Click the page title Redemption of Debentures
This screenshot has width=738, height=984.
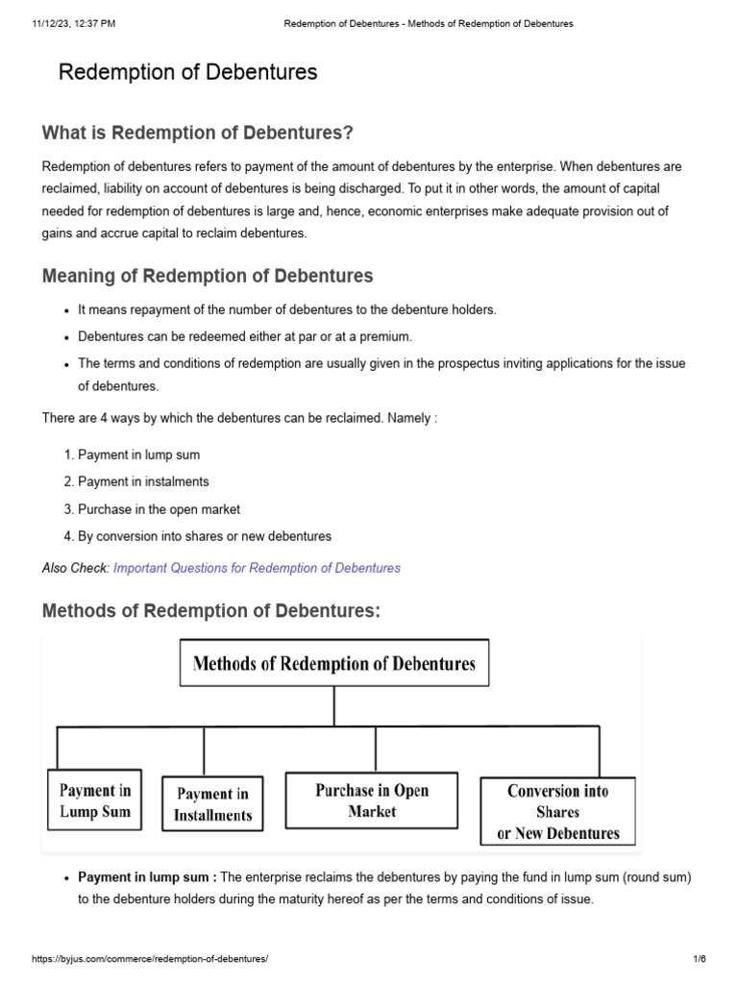point(187,72)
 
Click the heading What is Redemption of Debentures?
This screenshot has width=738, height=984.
point(198,133)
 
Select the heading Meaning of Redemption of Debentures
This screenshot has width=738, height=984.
point(208,277)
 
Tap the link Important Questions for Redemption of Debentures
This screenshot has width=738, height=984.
point(257,568)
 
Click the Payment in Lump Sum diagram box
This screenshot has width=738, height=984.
point(94,800)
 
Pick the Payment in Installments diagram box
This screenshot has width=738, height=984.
point(212,804)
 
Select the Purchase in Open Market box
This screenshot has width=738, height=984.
point(372,800)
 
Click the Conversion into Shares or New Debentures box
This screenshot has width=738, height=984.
point(558,812)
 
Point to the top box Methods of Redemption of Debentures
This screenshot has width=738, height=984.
point(334,663)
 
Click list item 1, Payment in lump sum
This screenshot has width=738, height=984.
point(138,455)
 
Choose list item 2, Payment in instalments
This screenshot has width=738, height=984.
point(143,481)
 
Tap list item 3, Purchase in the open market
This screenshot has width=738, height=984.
point(159,509)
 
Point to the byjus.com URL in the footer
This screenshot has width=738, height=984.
point(150,959)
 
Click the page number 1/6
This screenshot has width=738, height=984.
point(699,959)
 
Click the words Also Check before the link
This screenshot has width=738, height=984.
point(76,568)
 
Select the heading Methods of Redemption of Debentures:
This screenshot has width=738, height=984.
point(211,612)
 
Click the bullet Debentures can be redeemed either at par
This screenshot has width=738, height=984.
point(244,337)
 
